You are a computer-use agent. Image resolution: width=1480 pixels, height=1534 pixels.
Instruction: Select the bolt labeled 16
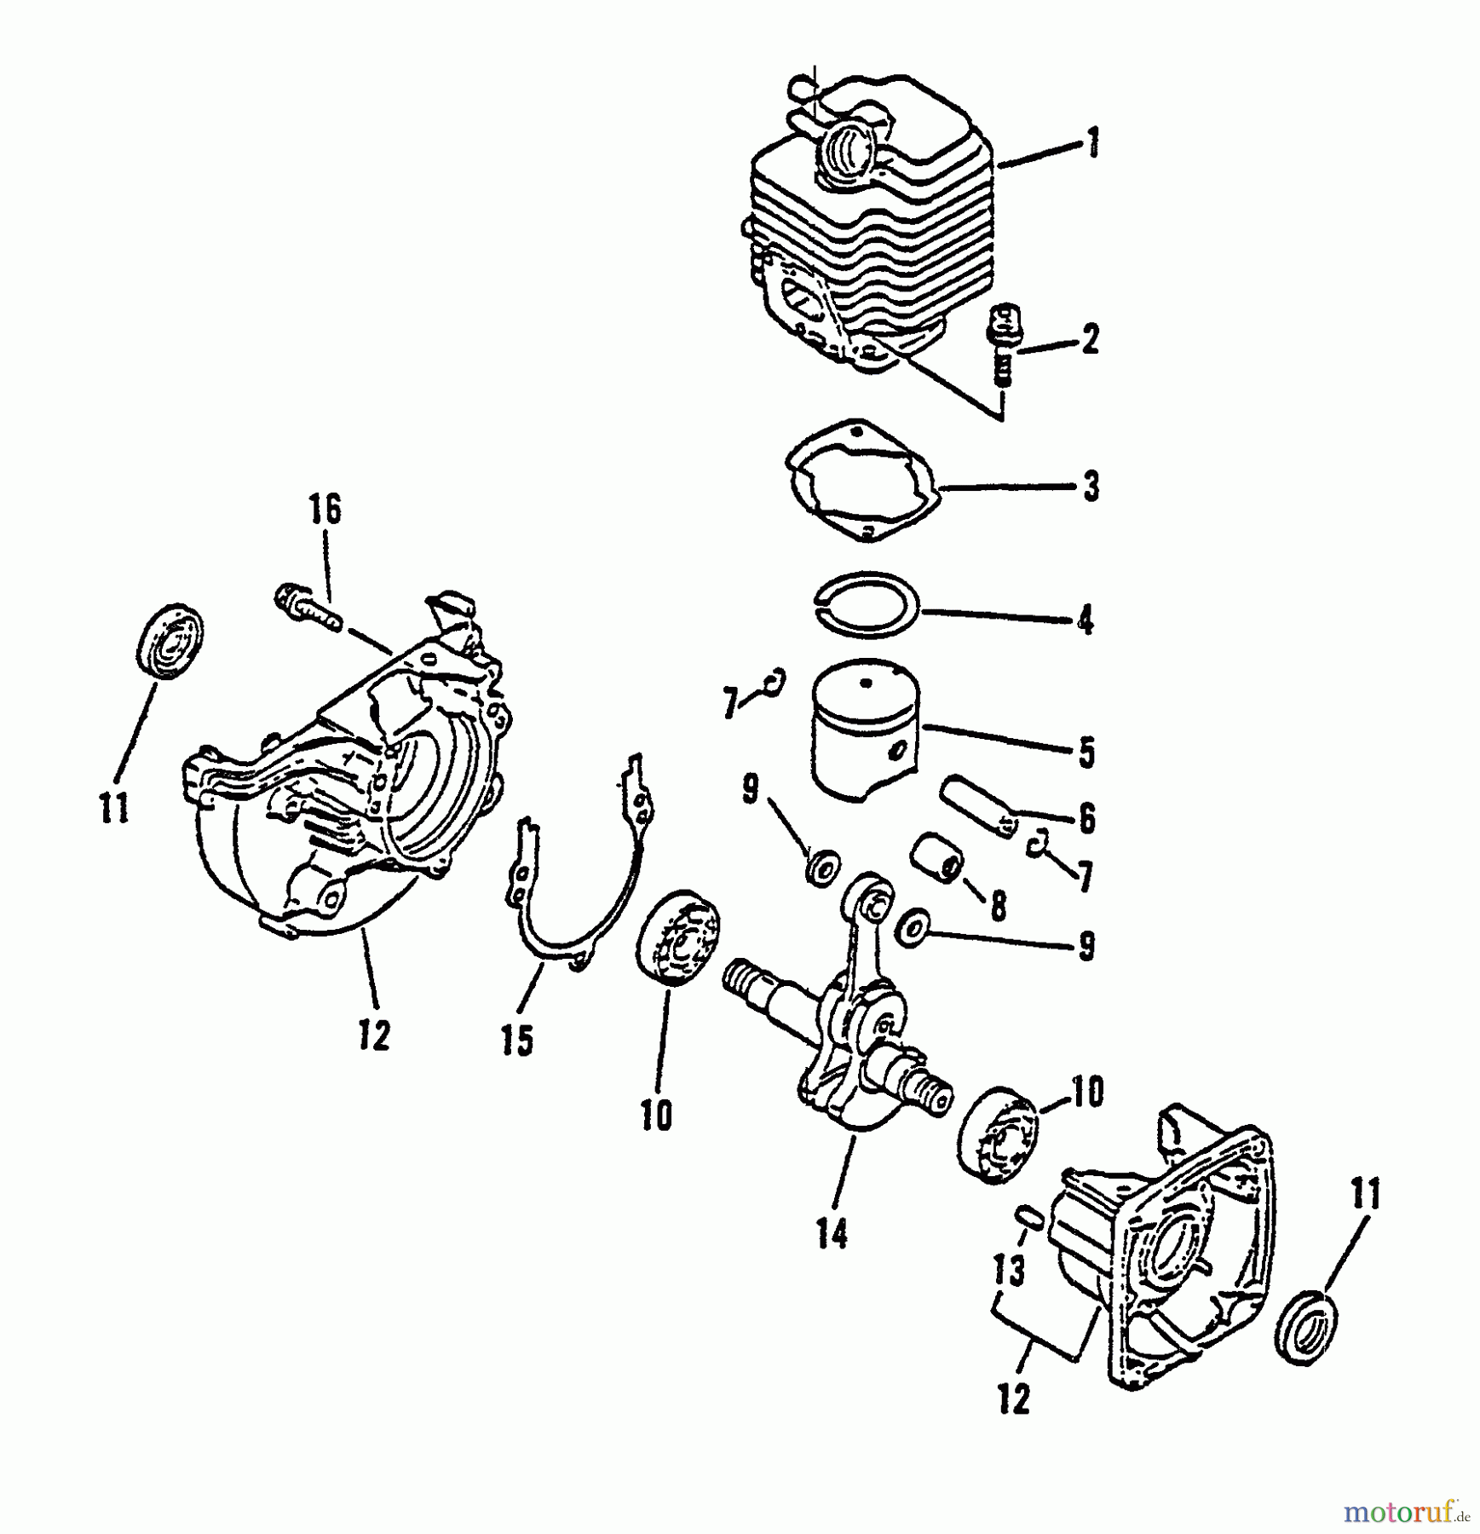[x=305, y=606]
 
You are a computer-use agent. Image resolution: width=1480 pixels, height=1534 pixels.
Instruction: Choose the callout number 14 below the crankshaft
[x=832, y=1231]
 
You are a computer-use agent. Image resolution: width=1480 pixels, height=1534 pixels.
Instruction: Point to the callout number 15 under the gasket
[x=517, y=1039]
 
